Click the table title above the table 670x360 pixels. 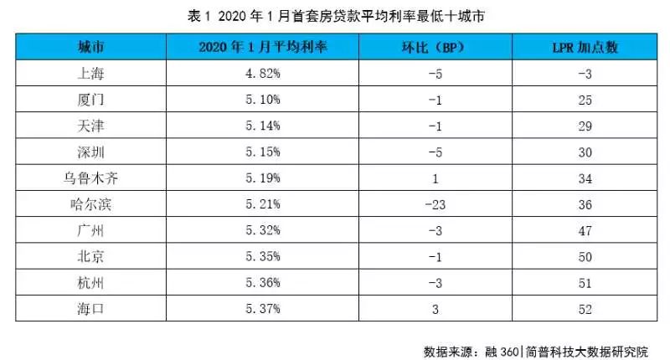335,15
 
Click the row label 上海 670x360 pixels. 88,74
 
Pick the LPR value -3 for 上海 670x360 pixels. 585,74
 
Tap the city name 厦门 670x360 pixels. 88,100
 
